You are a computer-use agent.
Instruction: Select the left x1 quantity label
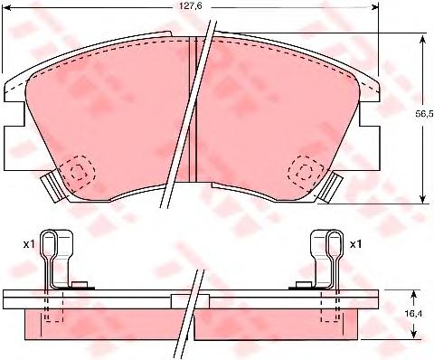pos(29,244)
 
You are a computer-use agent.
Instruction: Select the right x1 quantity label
pos(355,244)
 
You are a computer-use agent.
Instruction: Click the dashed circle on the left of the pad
pos(79,173)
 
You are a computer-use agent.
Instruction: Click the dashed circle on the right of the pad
pos(305,173)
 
